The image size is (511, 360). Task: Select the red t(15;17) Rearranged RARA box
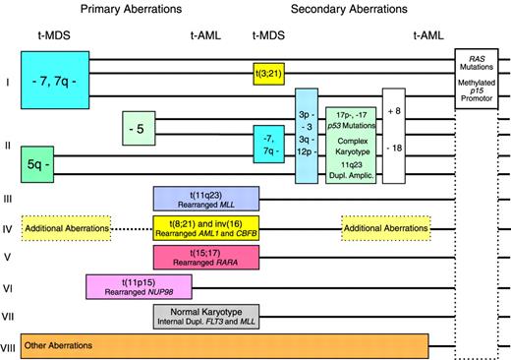[x=206, y=258]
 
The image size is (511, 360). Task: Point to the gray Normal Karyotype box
[x=206, y=317]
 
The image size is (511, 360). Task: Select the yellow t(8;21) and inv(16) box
[x=206, y=228]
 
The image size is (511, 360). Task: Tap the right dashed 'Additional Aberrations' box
[x=385, y=228]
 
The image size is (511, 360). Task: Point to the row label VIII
[x=9, y=347]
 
